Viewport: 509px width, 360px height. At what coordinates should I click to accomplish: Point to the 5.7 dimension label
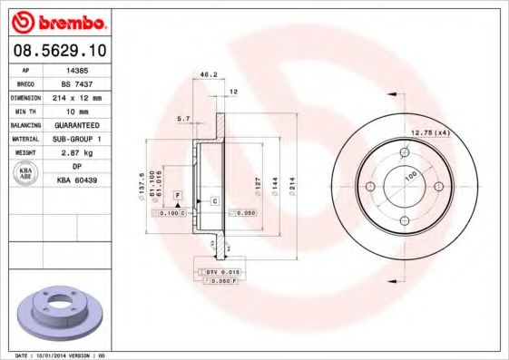pyautogui.click(x=182, y=118)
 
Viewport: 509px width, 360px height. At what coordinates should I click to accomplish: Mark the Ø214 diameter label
pyautogui.click(x=292, y=187)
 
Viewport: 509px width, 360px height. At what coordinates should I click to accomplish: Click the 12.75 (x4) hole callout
pyautogui.click(x=431, y=133)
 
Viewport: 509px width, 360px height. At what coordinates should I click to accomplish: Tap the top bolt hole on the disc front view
pyautogui.click(x=403, y=151)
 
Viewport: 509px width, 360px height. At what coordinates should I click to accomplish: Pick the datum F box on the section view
pyautogui.click(x=178, y=196)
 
